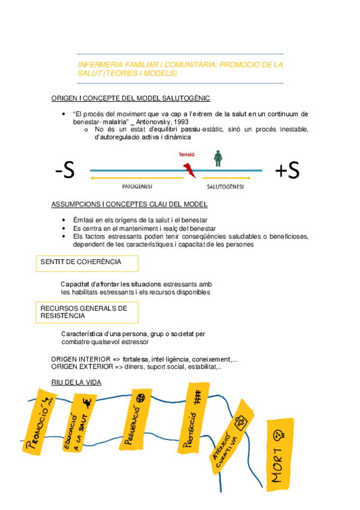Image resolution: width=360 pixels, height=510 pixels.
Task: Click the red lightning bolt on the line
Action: [189, 170]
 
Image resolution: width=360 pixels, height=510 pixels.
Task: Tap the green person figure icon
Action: [219, 158]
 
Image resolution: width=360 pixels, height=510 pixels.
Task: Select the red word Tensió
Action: [186, 155]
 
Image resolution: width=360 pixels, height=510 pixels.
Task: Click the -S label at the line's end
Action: [64, 171]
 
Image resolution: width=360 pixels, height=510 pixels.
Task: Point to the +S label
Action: [287, 171]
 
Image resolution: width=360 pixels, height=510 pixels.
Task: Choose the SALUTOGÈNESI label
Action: [225, 186]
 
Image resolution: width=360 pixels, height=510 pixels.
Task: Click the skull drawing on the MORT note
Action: [278, 434]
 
